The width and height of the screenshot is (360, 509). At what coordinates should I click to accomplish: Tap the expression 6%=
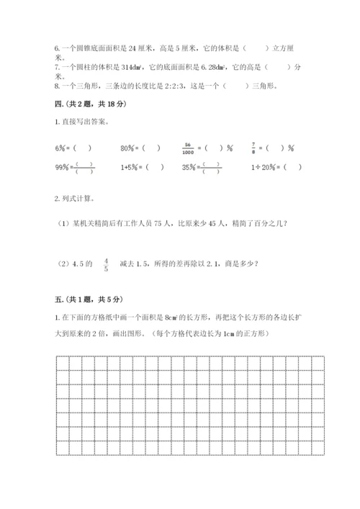[60, 148]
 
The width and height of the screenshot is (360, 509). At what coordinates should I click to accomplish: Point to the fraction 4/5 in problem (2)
[107, 263]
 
